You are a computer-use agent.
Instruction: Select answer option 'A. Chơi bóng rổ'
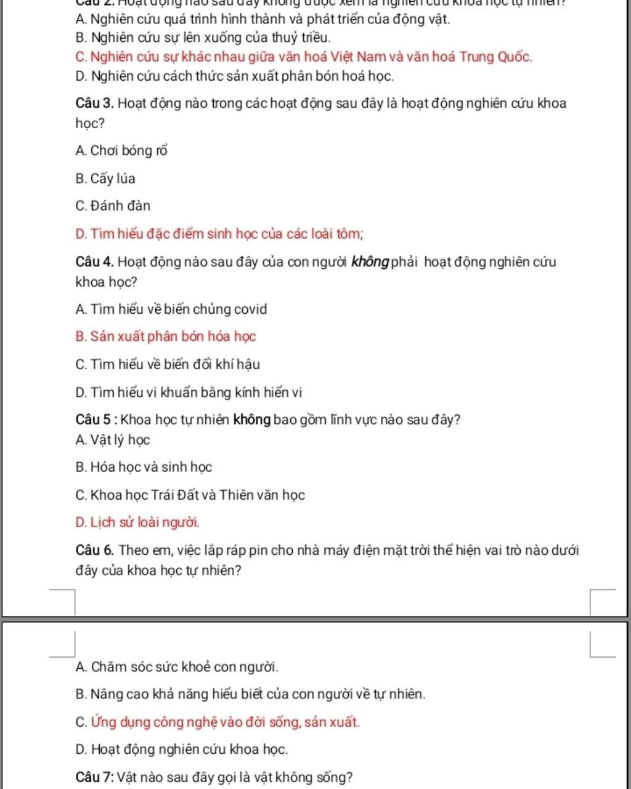pyautogui.click(x=121, y=150)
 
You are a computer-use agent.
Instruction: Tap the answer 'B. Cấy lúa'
pyautogui.click(x=105, y=179)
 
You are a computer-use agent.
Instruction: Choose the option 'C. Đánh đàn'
pyautogui.click(x=113, y=206)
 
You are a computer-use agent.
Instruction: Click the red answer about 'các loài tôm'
pyautogui.click(x=219, y=234)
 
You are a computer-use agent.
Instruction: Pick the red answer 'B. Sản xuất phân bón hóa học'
pyautogui.click(x=165, y=337)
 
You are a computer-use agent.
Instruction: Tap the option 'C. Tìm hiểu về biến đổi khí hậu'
pyautogui.click(x=168, y=364)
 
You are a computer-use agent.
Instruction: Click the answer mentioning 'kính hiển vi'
pyautogui.click(x=189, y=393)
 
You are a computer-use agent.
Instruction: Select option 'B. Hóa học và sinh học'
pyautogui.click(x=144, y=467)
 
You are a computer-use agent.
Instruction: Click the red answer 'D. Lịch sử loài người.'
pyautogui.click(x=137, y=523)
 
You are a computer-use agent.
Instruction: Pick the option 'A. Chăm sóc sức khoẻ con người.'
pyautogui.click(x=177, y=667)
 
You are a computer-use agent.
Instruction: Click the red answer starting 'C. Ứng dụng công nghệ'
pyautogui.click(x=218, y=722)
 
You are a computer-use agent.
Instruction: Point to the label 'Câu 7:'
pyautogui.click(x=94, y=777)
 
